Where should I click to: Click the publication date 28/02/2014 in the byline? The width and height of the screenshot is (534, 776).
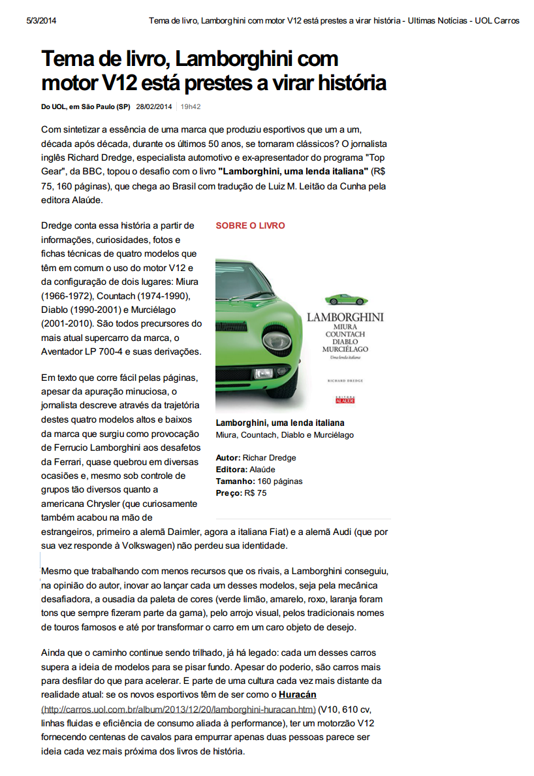pos(154,106)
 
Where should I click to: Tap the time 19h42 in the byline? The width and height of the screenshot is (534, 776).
pos(191,106)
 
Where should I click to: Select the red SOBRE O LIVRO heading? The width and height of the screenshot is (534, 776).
pos(250,225)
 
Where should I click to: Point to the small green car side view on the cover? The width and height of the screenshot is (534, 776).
pos(345,299)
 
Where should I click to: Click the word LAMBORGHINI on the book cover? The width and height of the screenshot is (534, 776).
pos(345,318)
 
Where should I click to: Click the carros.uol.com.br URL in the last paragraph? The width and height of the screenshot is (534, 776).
pos(178,709)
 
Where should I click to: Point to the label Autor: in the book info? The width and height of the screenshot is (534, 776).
pos(228,458)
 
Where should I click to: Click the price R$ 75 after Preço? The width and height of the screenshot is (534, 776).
pos(255,493)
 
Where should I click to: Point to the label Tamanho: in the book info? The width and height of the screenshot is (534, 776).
pos(236,481)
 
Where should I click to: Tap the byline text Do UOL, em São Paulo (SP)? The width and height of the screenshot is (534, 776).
pos(86,106)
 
